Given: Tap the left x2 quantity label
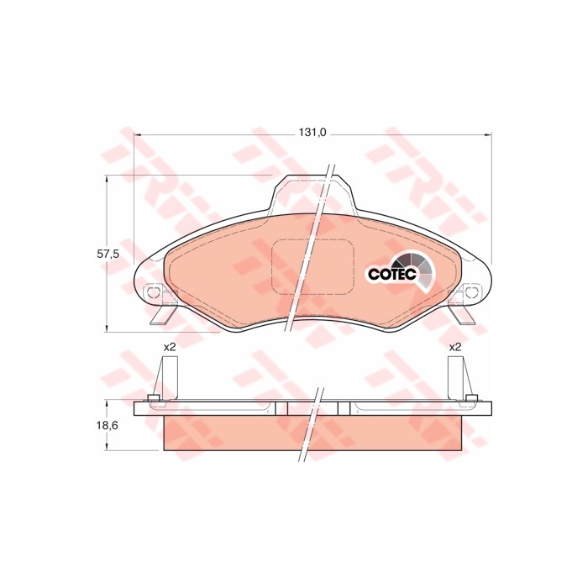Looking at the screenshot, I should coord(169,346).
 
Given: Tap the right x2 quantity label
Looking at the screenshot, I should coord(455,346).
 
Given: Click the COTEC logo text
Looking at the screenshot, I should coord(391,273).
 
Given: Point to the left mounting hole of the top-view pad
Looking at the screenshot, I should coord(154,292).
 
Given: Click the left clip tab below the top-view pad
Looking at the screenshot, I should coord(164,316).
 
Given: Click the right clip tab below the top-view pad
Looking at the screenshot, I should coord(460,315).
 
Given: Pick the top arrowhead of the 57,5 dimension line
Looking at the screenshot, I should coord(107,178).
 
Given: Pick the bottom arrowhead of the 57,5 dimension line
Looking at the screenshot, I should coord(107,327).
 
